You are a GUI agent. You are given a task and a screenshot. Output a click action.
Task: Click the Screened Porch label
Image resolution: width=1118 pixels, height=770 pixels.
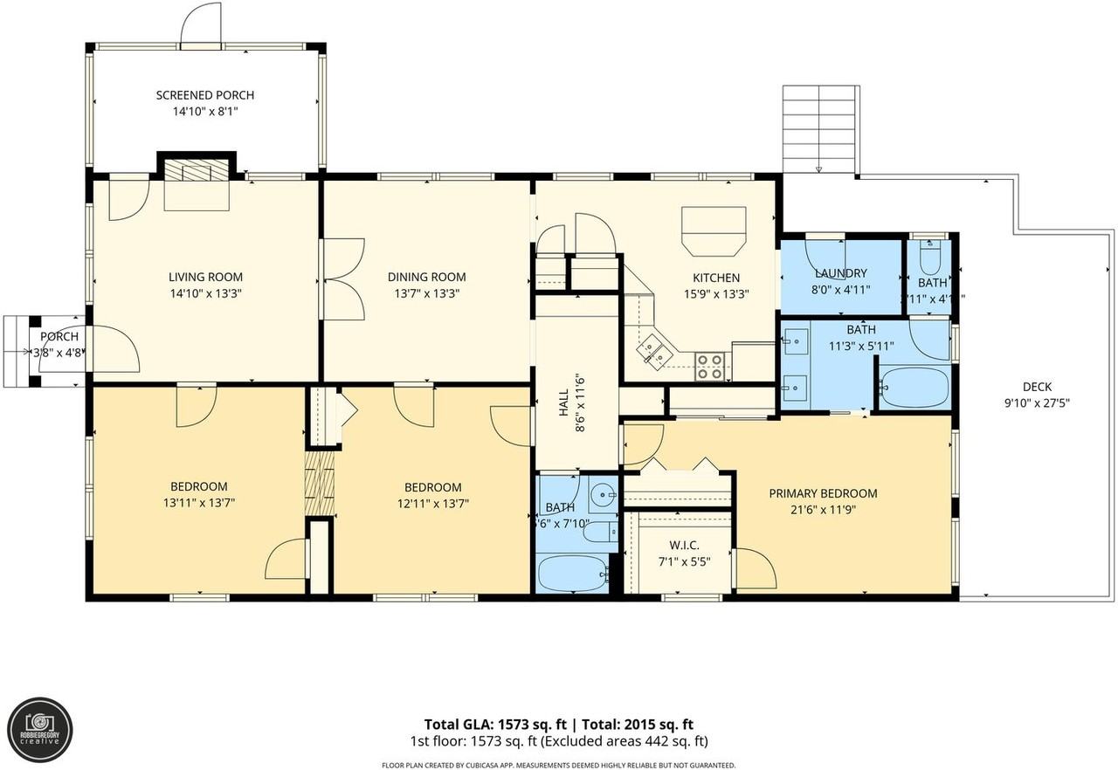[x=205, y=95]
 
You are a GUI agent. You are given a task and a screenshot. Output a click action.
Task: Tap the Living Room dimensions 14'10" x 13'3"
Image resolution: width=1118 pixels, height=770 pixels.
[x=205, y=294]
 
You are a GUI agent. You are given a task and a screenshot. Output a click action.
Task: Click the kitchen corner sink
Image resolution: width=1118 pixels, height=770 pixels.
[x=653, y=350]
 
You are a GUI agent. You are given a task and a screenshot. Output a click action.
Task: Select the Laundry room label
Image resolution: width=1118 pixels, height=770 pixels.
[x=840, y=273]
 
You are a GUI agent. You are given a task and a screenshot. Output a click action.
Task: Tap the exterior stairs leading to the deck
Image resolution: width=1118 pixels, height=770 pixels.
[x=820, y=128]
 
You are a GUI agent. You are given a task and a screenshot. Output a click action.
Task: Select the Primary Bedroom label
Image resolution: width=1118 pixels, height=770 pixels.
[x=823, y=493]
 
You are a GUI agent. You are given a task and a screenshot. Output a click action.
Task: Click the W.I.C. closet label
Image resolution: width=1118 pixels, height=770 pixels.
[x=684, y=545]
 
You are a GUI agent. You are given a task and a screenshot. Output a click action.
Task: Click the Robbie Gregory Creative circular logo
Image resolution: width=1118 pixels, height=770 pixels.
[x=40, y=730]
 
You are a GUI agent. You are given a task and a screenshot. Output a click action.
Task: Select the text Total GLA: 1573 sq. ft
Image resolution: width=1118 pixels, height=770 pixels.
[x=496, y=724]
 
